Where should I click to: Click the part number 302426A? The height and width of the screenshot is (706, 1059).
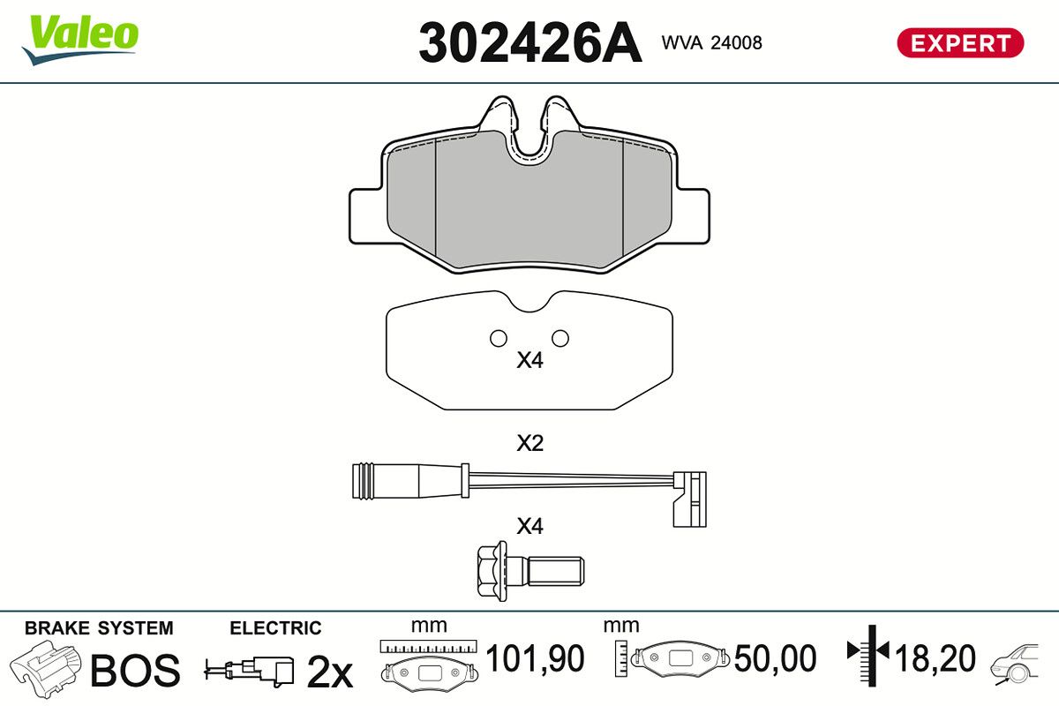530,42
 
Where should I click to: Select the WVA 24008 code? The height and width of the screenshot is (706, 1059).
711,42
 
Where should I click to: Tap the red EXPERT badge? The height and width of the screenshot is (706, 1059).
960,43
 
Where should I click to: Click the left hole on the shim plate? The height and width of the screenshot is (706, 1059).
499,338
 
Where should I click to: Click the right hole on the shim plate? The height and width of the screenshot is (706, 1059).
560,338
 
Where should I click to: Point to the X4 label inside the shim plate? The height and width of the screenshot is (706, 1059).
529,360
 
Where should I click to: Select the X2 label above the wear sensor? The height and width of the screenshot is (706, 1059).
529,443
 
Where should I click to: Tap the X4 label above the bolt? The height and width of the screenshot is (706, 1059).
529,526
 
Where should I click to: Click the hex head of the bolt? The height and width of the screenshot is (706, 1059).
492,571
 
